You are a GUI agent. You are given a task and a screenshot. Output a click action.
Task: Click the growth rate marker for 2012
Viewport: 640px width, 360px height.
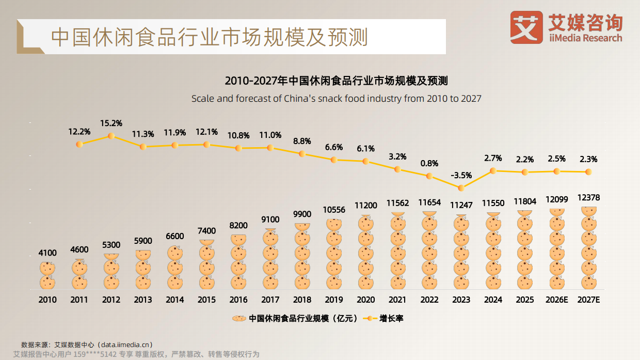111,136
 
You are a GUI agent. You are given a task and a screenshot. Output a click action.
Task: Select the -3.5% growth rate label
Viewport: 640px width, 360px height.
461,176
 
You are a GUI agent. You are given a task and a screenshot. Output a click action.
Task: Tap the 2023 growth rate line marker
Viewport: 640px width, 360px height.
461,188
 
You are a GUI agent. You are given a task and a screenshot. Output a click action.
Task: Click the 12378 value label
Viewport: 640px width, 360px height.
588,198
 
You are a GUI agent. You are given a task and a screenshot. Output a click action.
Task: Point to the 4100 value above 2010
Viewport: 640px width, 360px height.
47,253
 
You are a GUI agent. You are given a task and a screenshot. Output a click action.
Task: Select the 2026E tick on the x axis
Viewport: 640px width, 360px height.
556,300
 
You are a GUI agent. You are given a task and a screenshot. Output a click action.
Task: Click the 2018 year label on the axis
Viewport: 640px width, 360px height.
302,300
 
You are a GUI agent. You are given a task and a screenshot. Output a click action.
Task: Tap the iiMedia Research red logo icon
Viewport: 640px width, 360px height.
526,27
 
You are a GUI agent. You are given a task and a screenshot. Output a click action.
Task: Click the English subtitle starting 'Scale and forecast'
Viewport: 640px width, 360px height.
336,98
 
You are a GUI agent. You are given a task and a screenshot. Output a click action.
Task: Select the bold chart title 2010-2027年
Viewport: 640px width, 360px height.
336,81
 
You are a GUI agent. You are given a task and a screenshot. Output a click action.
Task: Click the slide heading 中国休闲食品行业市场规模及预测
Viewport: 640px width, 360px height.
210,37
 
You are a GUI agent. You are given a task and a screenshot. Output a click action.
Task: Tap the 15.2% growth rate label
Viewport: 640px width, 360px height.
111,123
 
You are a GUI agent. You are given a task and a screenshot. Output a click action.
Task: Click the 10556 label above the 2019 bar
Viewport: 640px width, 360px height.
334,210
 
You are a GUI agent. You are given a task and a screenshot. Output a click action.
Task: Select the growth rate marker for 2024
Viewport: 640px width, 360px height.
493,170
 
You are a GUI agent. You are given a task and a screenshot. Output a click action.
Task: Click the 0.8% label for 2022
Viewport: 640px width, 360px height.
429,163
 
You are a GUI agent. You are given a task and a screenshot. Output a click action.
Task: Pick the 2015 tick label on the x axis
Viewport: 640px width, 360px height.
206,300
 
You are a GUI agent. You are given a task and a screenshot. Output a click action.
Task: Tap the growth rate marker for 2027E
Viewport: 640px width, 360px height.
588,171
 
